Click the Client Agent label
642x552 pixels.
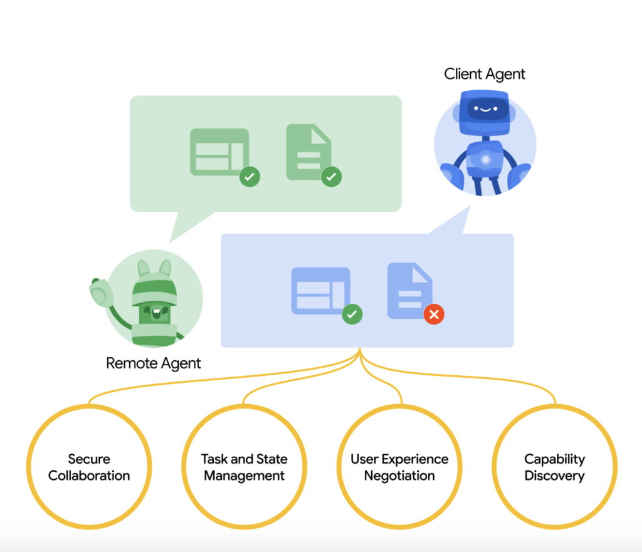coord(485,74)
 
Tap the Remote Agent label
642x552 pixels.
coord(154,363)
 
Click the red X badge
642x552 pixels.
coord(434,315)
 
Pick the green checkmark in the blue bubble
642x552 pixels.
coord(352,314)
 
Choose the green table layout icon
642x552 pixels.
coord(219,152)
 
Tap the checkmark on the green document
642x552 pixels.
coord(332,177)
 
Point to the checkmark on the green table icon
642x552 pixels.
coord(250,177)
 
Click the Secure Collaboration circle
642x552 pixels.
coord(89,467)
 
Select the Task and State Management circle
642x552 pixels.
coord(245,467)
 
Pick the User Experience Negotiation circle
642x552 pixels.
coord(399,467)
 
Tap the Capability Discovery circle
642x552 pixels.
coord(554,467)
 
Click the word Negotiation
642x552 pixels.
coord(399,476)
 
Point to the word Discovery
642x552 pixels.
coord(554,476)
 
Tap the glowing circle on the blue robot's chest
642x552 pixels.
coord(485,159)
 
